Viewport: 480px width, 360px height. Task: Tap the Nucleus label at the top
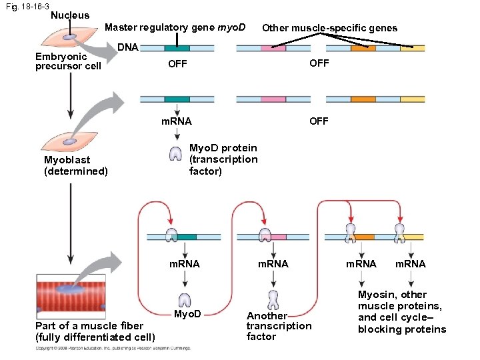click(x=69, y=15)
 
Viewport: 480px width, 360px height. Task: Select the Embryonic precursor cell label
click(x=68, y=61)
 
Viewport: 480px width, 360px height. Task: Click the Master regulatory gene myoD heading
click(x=175, y=28)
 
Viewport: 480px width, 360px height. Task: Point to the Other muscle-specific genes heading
click(x=329, y=28)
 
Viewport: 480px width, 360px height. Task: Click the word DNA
click(x=128, y=47)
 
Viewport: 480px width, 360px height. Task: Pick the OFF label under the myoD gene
click(x=177, y=64)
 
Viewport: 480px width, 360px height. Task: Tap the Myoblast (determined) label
click(x=75, y=165)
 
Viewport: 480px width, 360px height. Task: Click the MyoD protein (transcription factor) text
click(x=223, y=159)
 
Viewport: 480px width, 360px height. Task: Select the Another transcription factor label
click(x=279, y=326)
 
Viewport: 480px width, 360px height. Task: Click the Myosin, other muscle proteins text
click(x=402, y=312)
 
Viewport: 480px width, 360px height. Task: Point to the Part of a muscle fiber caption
click(x=95, y=331)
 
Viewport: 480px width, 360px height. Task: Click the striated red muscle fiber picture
click(x=71, y=293)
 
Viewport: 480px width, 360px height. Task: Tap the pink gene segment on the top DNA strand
click(x=273, y=49)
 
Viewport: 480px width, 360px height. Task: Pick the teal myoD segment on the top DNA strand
click(x=177, y=49)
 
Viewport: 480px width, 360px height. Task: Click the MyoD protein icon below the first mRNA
click(x=185, y=299)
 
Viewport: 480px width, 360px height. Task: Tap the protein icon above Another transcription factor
click(x=272, y=299)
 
